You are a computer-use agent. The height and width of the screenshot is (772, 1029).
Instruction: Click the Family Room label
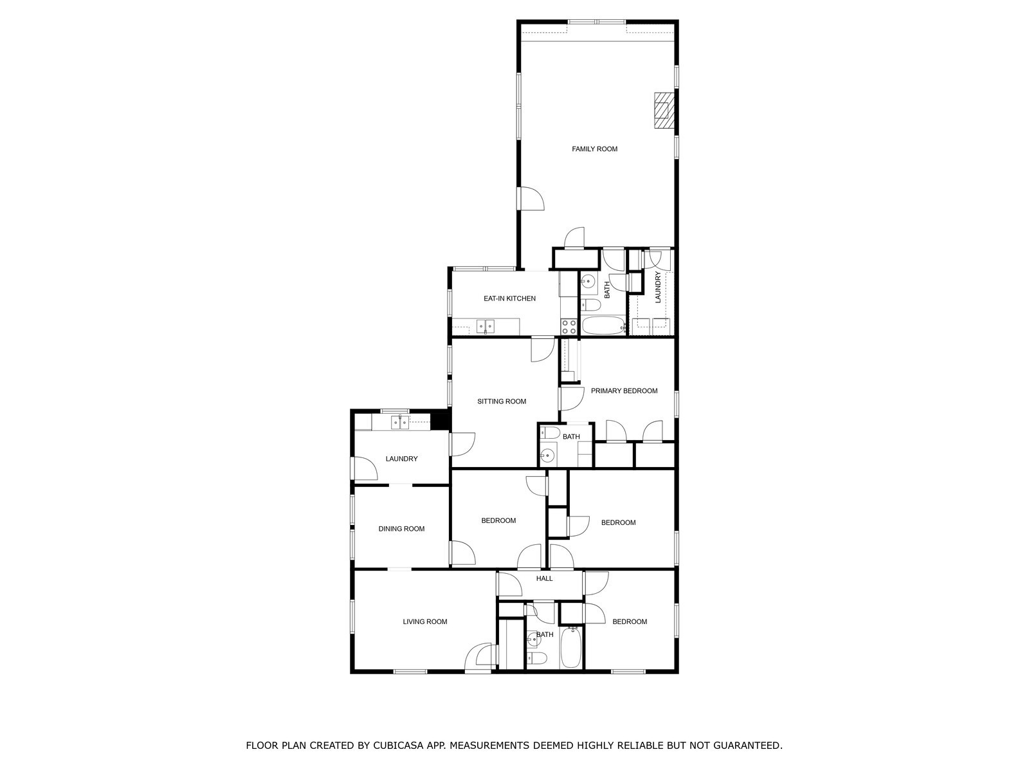[594, 149]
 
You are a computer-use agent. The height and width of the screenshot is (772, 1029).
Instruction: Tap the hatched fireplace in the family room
[664, 110]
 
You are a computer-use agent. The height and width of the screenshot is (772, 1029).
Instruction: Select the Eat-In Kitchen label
[509, 299]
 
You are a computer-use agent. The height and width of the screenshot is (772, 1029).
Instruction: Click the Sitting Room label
[502, 401]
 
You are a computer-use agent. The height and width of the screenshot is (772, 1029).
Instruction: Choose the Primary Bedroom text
[624, 391]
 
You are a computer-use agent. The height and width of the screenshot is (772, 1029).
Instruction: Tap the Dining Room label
[401, 529]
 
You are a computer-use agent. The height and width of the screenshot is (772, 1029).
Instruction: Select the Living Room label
[424, 621]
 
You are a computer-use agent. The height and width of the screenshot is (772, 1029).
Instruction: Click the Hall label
[544, 578]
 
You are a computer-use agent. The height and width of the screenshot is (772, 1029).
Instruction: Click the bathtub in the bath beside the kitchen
[603, 326]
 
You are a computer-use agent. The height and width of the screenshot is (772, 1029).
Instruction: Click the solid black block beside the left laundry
[440, 419]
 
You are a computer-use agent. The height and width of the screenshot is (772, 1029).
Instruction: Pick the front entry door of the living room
[478, 657]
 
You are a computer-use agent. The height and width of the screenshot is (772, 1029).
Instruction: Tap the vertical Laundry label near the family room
[657, 288]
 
